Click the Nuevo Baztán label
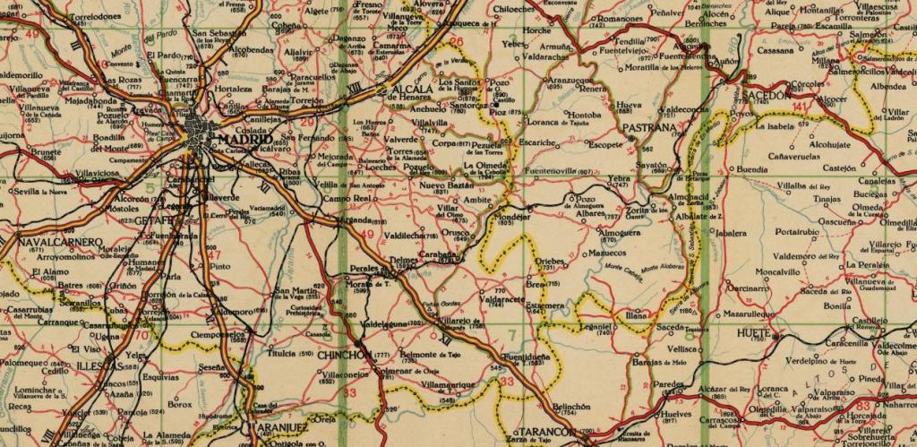pyautogui.click(x=445, y=184)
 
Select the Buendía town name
pyautogui.click(x=751, y=168)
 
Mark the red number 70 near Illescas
pyautogui.click(x=142, y=336)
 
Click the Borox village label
pyautogui.click(x=180, y=404)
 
